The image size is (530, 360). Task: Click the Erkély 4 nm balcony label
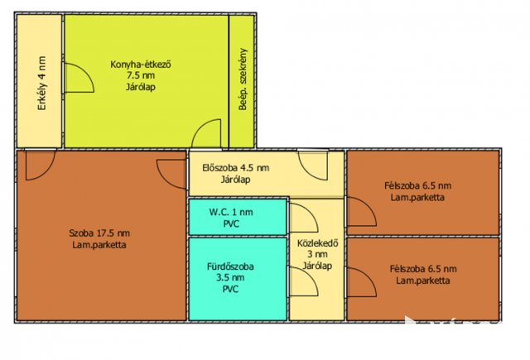coord(41,84)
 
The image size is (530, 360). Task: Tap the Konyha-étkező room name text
coord(141,65)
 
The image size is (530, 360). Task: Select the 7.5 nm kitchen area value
coord(141,75)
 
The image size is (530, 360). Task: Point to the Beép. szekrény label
coord(243,79)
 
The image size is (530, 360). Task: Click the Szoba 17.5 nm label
coord(99,233)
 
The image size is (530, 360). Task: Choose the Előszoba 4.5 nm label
coord(235,167)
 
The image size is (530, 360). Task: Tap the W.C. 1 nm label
coord(231,212)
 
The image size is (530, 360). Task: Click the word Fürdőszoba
coord(230,266)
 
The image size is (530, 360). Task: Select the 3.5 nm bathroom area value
coord(230,277)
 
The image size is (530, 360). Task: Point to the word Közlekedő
coord(318,243)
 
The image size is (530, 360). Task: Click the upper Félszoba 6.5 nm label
coord(417,185)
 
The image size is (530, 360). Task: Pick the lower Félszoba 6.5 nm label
coord(423,269)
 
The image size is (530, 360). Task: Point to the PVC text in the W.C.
coord(231,224)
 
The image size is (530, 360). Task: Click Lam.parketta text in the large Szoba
coord(99,245)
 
